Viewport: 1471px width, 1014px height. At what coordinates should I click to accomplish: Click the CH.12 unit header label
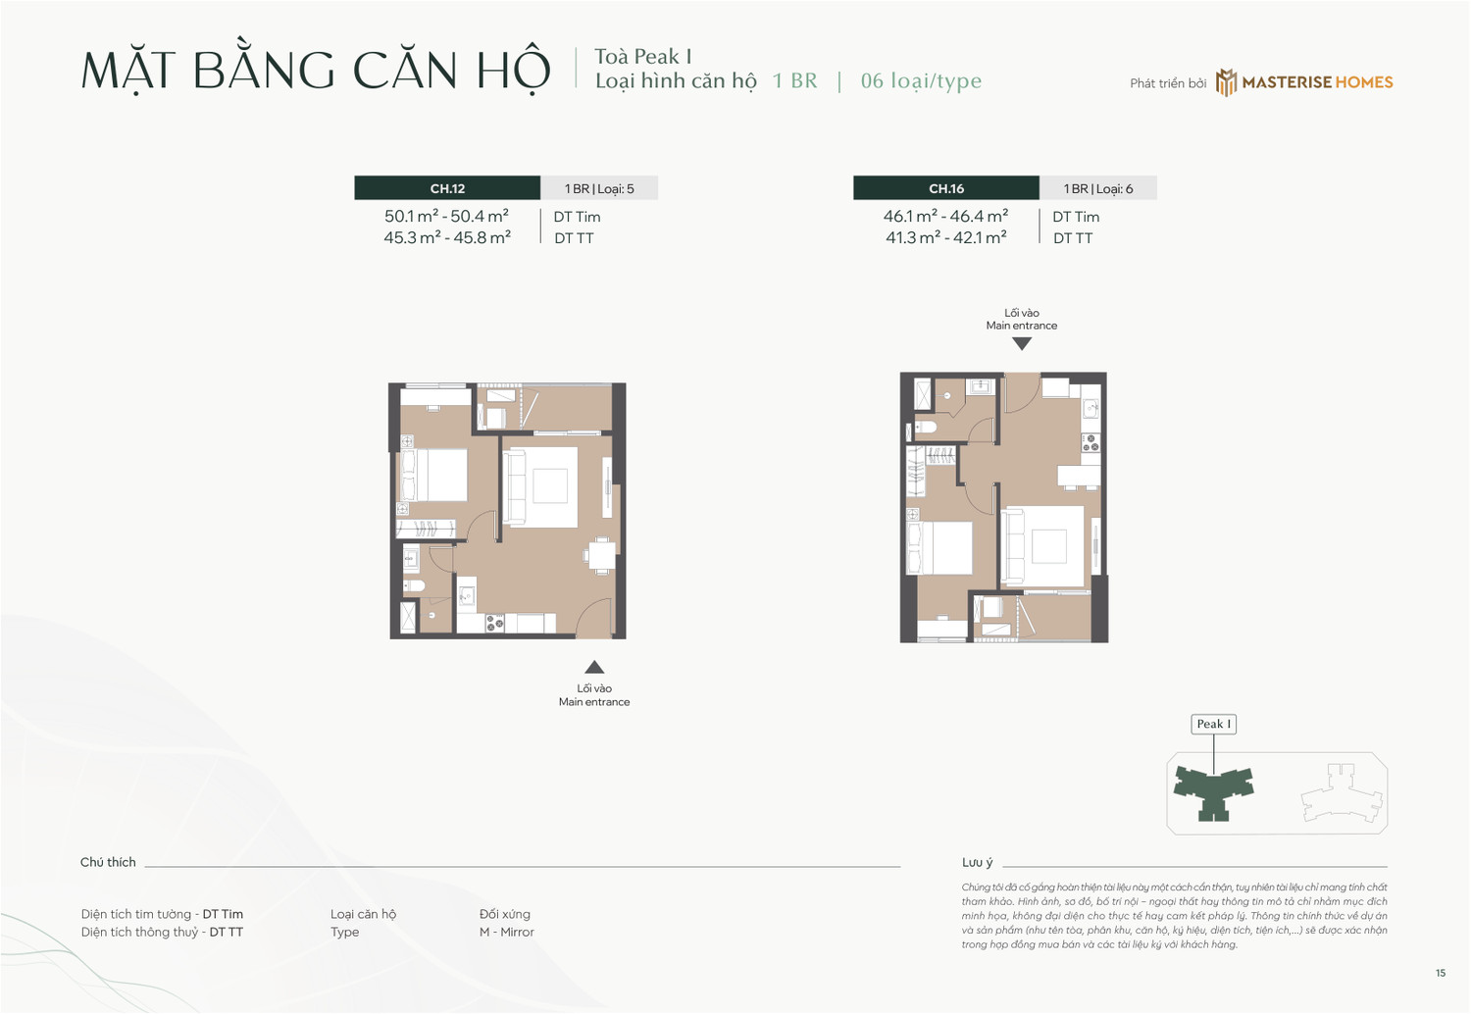tap(447, 188)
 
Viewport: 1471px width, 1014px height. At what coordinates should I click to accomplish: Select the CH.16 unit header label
tap(946, 188)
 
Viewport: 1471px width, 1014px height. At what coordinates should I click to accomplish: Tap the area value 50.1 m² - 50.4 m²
tap(446, 217)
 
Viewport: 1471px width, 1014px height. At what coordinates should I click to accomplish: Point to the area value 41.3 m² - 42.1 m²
tap(945, 237)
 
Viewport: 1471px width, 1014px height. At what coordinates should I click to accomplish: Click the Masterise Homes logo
tap(1304, 82)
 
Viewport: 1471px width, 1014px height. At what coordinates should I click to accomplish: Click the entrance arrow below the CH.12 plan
tap(594, 667)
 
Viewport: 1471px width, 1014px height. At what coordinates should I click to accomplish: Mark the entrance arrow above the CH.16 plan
tap(1022, 344)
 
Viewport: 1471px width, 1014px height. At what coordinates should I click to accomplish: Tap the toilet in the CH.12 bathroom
tap(414, 585)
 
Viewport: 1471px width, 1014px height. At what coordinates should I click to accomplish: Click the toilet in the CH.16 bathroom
tap(925, 428)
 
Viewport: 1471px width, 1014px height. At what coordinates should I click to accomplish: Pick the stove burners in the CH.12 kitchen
tap(495, 623)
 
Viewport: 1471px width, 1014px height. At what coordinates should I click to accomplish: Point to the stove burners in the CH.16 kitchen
tap(1090, 443)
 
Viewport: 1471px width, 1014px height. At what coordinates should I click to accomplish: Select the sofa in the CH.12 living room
tap(516, 486)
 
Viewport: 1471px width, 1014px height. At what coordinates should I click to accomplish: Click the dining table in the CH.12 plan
tap(601, 555)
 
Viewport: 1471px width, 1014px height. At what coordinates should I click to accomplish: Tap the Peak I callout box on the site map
tap(1213, 724)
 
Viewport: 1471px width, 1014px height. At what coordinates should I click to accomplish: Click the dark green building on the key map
tap(1214, 788)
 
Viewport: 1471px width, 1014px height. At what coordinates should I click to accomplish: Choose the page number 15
tap(1440, 973)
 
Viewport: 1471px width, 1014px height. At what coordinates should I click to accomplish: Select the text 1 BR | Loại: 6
tap(1098, 188)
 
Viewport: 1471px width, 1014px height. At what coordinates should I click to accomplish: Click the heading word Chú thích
tap(108, 862)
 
